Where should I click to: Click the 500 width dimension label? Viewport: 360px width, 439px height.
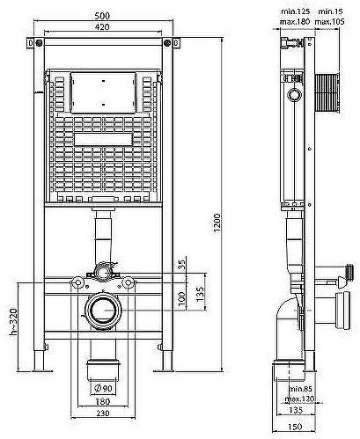[x=102, y=16]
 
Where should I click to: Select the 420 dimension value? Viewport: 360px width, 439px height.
[x=102, y=26]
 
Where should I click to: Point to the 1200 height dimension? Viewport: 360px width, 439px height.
[x=217, y=223]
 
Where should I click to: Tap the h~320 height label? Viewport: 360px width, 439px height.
[x=13, y=322]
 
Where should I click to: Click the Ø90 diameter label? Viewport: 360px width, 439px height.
[x=104, y=388]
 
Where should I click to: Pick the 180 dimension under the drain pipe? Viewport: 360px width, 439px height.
[x=103, y=401]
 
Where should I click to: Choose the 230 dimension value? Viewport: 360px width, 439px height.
[x=103, y=413]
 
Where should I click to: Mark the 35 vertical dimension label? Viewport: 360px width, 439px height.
[x=182, y=265]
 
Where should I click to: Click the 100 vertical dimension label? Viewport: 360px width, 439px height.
[x=182, y=298]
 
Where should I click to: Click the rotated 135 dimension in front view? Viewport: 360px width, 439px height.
[x=200, y=294]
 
